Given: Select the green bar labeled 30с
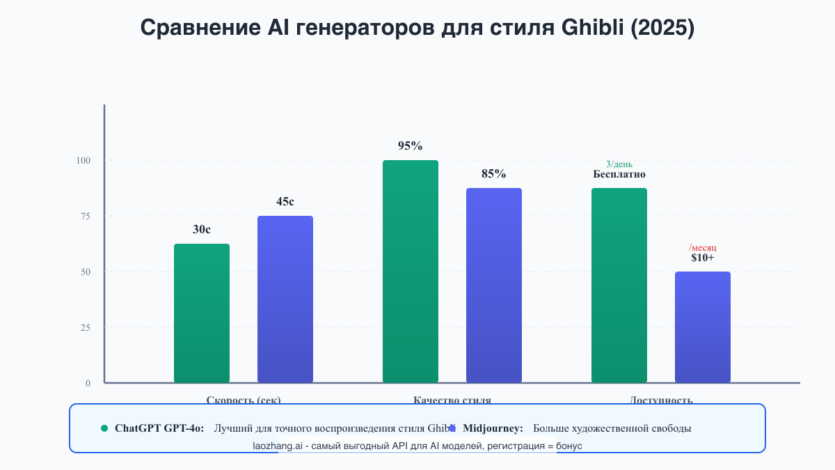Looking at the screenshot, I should point(202,313).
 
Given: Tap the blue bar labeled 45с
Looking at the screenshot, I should point(285,299).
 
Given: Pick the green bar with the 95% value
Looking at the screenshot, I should point(411,272).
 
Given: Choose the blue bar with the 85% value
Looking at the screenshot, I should point(494,285).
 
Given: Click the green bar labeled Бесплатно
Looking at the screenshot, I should point(619,285).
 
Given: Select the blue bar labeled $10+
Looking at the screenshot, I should point(703,327).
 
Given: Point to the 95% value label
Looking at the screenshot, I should point(411,146).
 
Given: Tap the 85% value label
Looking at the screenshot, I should point(494,174).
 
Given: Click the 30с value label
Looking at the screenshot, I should point(202,230).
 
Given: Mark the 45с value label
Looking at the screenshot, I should point(285,202).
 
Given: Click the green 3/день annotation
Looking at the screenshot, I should point(619,164).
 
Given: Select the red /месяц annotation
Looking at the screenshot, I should point(703,248).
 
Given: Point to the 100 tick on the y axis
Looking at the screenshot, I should point(83,160).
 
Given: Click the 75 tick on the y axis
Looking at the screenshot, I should point(86,216).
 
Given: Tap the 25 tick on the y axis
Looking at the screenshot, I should point(86,327).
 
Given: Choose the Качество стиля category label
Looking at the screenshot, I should point(452,400).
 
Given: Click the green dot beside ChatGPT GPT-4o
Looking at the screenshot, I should point(104,428).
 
